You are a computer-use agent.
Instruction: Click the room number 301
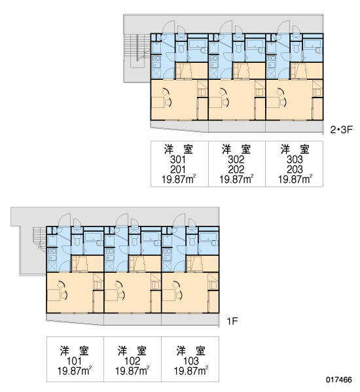click(178, 159)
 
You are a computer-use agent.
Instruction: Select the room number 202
click(236, 169)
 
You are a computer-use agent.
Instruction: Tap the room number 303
click(295, 159)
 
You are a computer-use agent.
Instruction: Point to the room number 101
click(74, 361)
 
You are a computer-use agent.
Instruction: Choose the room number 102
click(132, 361)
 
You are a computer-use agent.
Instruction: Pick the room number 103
click(191, 361)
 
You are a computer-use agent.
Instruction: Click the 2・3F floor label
click(341, 130)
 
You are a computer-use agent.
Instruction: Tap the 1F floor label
click(232, 321)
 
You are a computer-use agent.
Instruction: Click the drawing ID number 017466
click(339, 380)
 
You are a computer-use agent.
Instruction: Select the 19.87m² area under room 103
click(191, 371)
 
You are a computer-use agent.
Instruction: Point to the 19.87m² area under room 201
click(179, 179)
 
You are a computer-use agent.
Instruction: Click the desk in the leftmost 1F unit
click(54, 296)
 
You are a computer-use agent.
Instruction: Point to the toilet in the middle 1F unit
click(134, 240)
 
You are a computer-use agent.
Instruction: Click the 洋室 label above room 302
click(236, 149)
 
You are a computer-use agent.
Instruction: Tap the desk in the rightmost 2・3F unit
click(273, 103)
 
